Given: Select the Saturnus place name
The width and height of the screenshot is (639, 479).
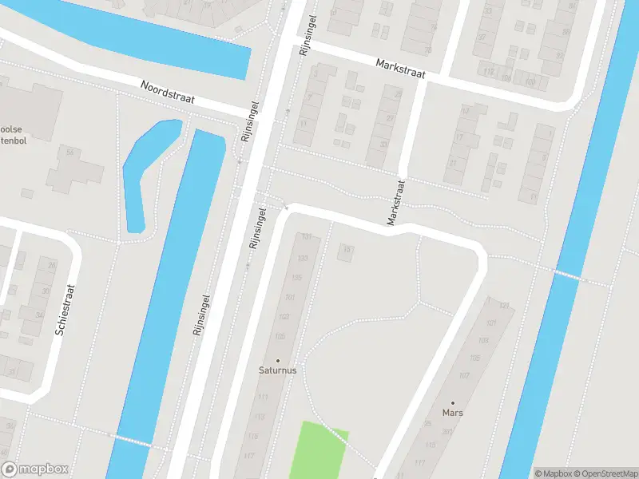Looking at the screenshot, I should [x=278, y=370].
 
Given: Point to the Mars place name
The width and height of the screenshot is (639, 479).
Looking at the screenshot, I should [x=452, y=414].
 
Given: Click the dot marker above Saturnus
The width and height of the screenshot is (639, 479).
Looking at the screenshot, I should [x=278, y=361].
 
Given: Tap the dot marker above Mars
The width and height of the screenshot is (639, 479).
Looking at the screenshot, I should [x=452, y=403].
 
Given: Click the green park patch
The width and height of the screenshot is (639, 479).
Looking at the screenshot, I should [x=317, y=451].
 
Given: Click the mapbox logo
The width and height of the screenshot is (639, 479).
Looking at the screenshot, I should [x=35, y=469].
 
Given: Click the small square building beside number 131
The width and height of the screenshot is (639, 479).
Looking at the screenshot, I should [x=347, y=252].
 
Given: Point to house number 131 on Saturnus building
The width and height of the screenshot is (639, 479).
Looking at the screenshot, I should [x=304, y=237].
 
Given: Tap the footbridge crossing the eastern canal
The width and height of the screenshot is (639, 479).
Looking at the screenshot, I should [x=567, y=275].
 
